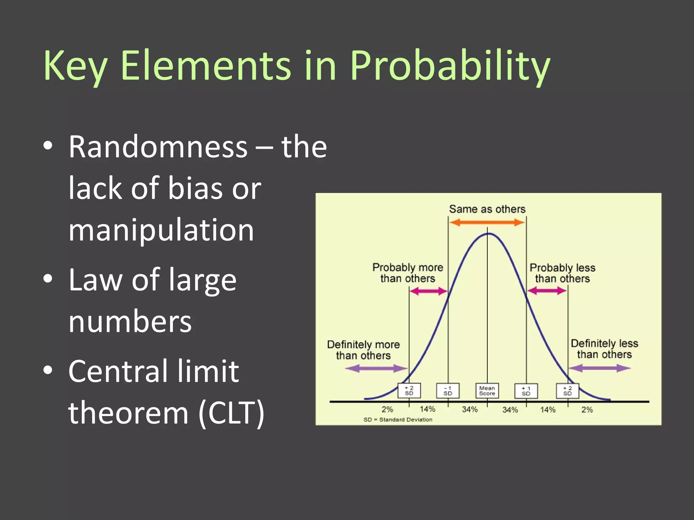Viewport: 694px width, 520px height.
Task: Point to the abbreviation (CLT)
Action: pyautogui.click(x=231, y=413)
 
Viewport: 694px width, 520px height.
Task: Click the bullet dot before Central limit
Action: pyautogui.click(x=48, y=370)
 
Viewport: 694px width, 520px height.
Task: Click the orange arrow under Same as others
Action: pyautogui.click(x=487, y=222)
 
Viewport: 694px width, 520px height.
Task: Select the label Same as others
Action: pyautogui.click(x=487, y=209)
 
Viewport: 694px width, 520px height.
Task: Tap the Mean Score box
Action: pyautogui.click(x=487, y=391)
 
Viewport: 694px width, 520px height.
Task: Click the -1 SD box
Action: pyautogui.click(x=448, y=391)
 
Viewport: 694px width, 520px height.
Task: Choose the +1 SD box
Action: pyautogui.click(x=526, y=391)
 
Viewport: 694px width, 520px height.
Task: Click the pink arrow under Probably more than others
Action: pyautogui.click(x=428, y=291)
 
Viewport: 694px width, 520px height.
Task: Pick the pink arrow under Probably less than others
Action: pyautogui.click(x=547, y=290)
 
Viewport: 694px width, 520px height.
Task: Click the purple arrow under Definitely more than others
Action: pyautogui.click(x=376, y=368)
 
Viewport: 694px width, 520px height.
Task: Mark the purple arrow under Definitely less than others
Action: pyautogui.click(x=599, y=368)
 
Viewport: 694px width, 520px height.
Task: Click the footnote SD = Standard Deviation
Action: pyautogui.click(x=398, y=419)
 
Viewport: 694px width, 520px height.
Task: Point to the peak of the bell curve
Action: pyautogui.click(x=488, y=234)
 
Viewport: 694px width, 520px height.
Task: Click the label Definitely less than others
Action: pyautogui.click(x=604, y=349)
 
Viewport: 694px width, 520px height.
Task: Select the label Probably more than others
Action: pyautogui.click(x=408, y=273)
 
